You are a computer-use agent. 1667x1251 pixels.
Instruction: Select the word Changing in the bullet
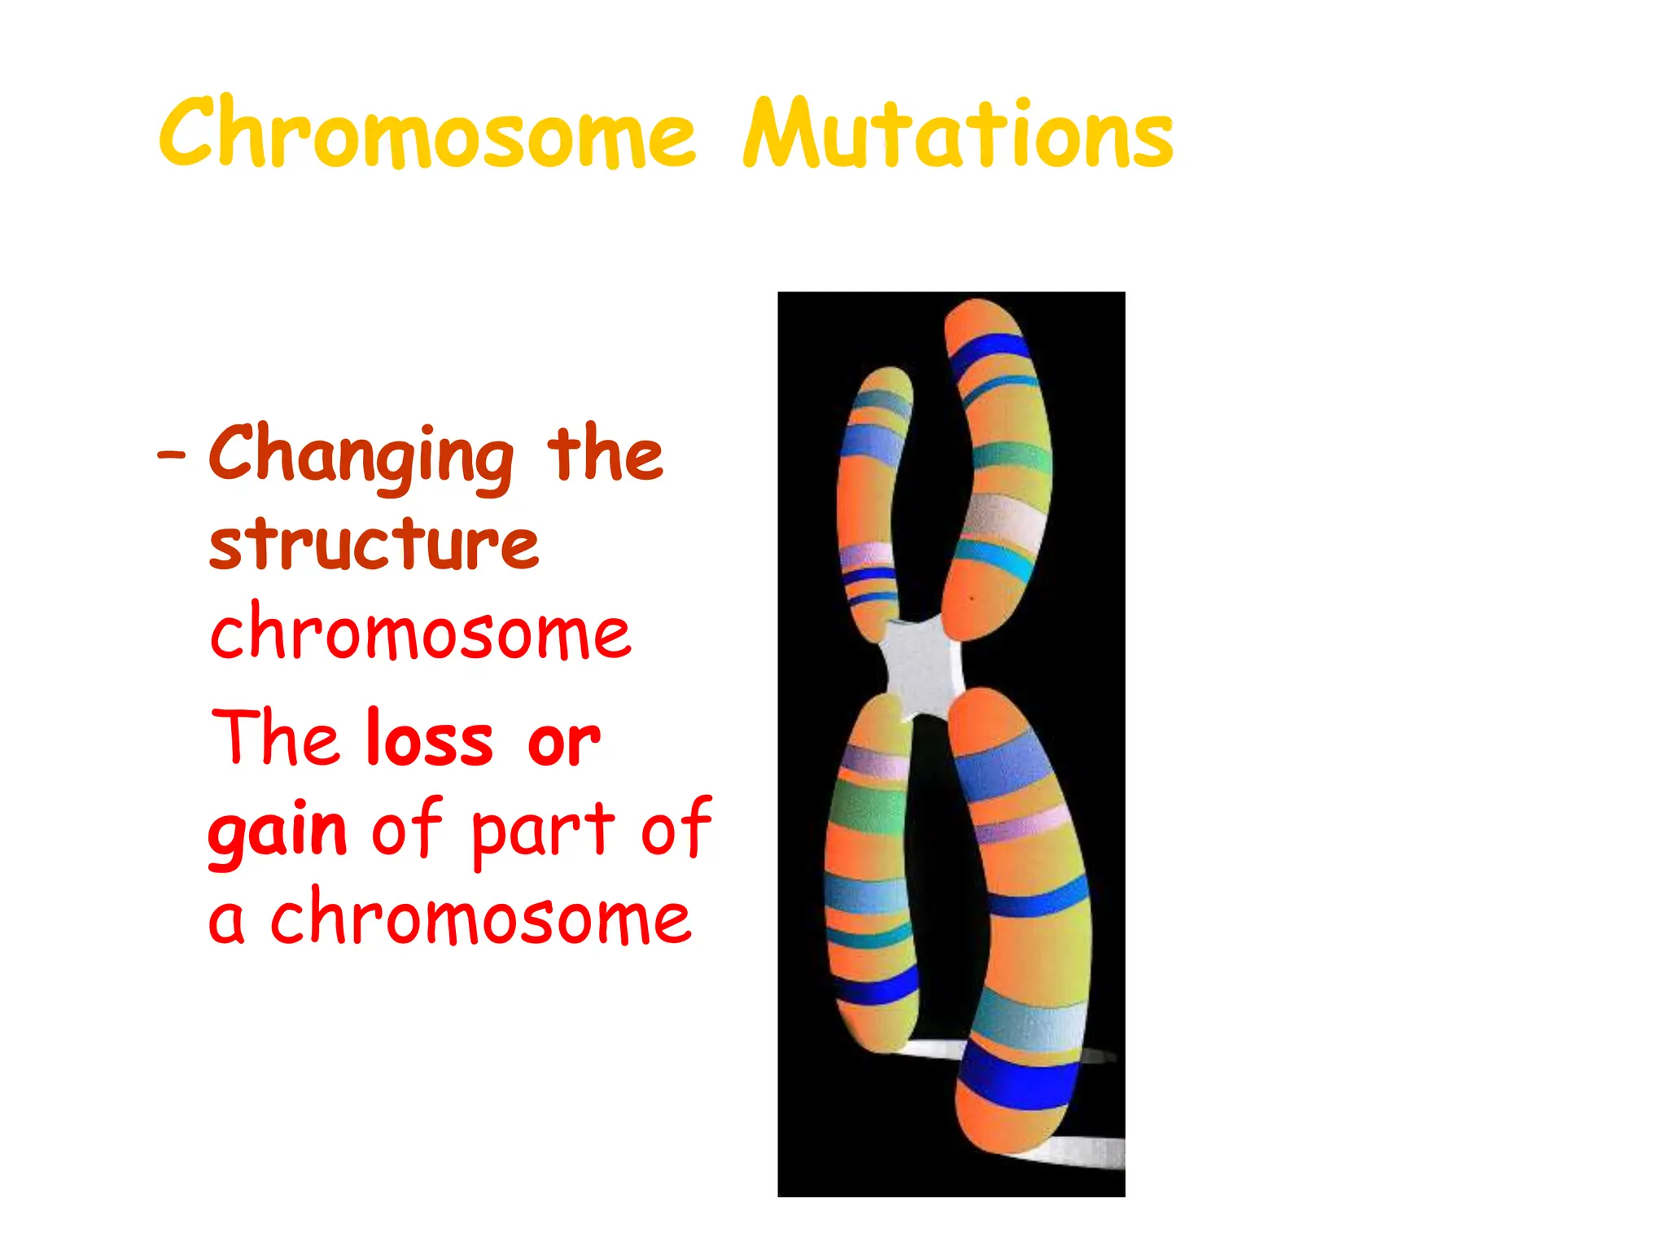click(x=361, y=456)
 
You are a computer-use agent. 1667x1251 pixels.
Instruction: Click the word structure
click(x=374, y=544)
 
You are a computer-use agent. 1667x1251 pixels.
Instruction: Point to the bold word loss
click(x=430, y=740)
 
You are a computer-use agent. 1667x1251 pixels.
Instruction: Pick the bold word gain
click(x=278, y=831)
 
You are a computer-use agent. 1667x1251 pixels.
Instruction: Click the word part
click(x=543, y=831)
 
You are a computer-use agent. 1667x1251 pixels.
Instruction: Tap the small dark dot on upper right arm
click(x=972, y=599)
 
